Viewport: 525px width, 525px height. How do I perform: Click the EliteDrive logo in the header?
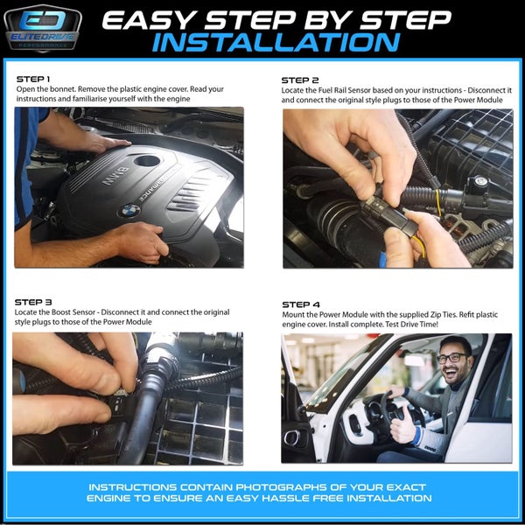tap(43, 29)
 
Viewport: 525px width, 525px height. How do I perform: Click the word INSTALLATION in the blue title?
tap(276, 43)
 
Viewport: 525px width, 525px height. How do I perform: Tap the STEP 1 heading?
tap(33, 80)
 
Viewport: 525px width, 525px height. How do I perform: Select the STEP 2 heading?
tap(300, 80)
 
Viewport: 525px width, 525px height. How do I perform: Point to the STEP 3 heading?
tap(33, 303)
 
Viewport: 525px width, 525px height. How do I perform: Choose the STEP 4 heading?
tap(301, 304)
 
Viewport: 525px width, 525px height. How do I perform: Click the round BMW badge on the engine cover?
tap(129, 211)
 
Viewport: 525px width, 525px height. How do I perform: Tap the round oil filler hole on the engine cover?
tap(147, 161)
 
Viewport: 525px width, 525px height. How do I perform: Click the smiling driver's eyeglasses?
tap(452, 358)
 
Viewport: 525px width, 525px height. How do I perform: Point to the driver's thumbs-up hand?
tap(402, 425)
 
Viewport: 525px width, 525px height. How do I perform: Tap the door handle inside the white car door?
tap(292, 437)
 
